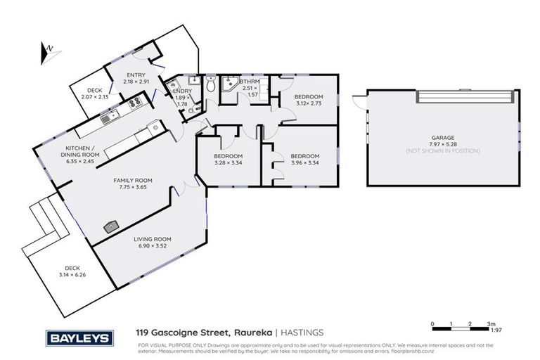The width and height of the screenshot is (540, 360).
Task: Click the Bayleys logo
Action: click(79, 338)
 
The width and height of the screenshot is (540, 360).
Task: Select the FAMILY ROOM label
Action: click(133, 181)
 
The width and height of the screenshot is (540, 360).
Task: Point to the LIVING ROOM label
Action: click(153, 239)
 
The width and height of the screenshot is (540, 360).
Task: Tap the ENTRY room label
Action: click(136, 75)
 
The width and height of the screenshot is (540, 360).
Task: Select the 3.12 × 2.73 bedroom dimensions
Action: click(308, 103)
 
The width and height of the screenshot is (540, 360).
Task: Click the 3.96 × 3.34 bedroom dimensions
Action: click(304, 163)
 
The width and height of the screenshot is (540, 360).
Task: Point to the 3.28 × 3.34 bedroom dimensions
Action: click(228, 163)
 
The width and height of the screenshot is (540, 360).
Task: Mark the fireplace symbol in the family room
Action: click(110, 226)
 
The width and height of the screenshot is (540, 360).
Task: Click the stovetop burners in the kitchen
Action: click(134, 104)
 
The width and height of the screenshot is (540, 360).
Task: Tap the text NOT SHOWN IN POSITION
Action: click(443, 151)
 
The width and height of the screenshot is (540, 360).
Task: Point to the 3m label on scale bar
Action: click(491, 326)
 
